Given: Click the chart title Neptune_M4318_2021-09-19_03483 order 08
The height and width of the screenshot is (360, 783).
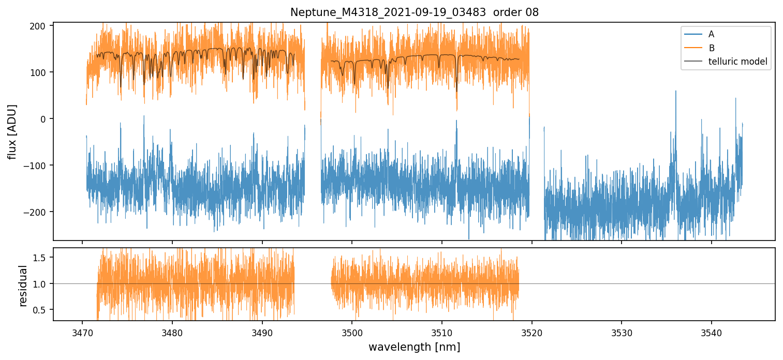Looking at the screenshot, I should pos(414,12).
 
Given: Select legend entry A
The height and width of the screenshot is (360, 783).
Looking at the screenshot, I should pos(711,34).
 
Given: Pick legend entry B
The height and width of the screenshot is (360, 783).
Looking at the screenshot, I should pos(711,48).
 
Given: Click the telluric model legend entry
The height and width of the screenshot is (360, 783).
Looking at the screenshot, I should pos(737,62).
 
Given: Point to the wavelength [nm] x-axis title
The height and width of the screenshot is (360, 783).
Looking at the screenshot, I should pos(414,347).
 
